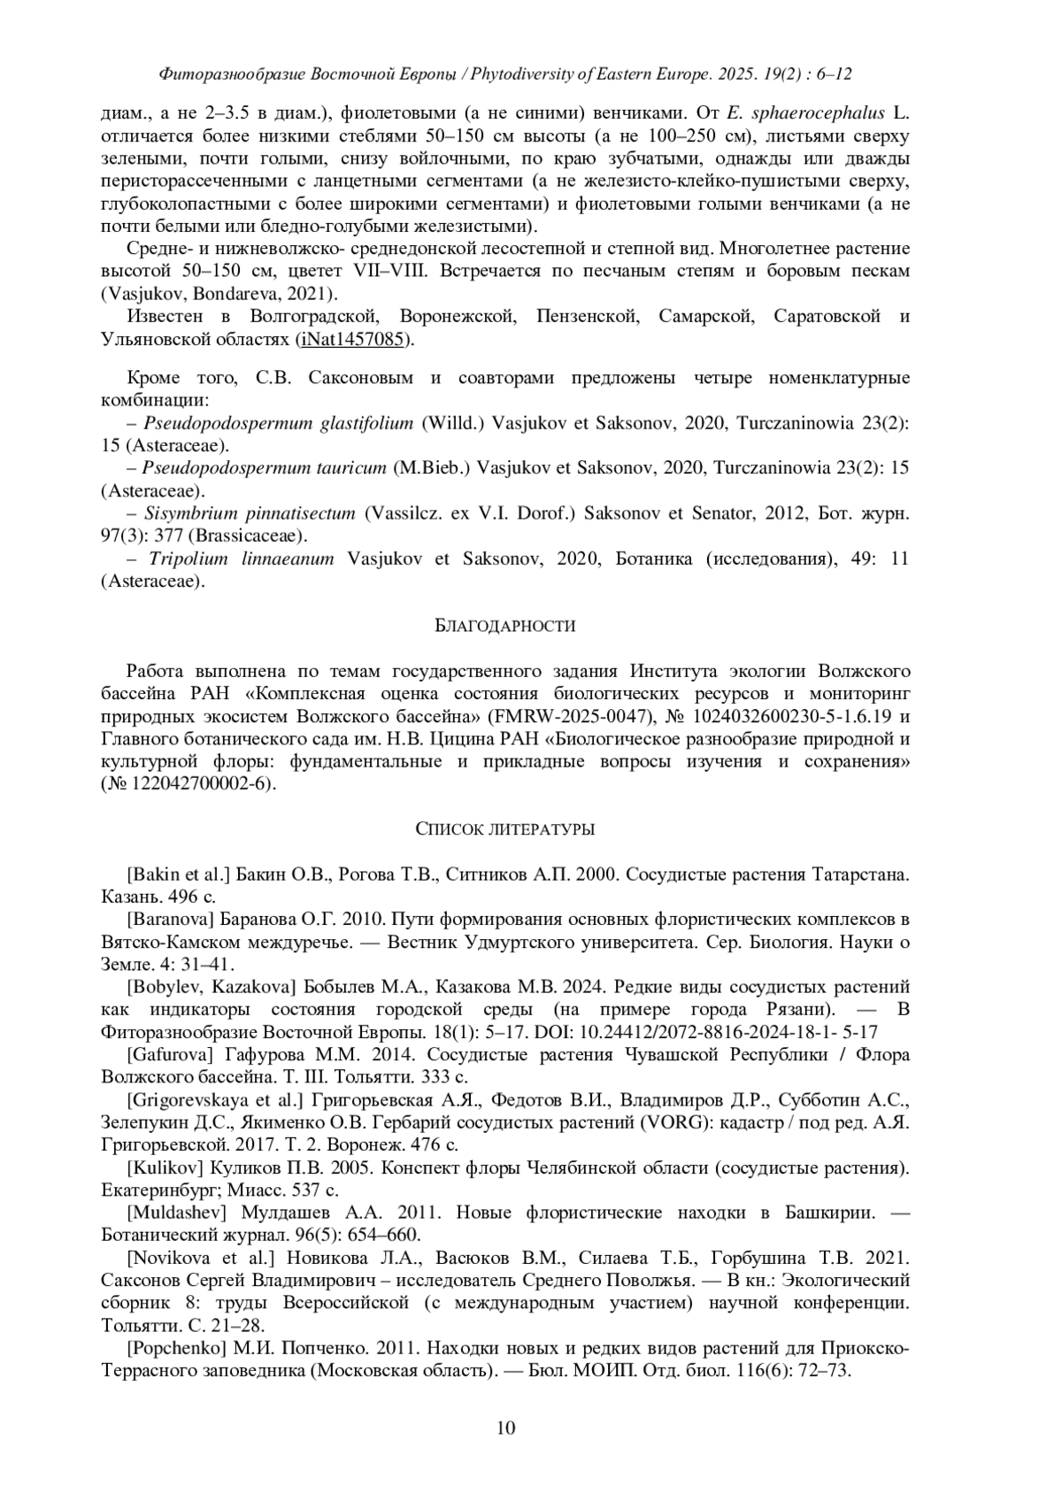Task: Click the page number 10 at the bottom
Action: (x=506, y=1427)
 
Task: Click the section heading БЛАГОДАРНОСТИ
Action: (x=506, y=627)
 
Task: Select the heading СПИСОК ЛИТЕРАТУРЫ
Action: (x=505, y=829)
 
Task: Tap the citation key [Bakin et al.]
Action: (x=179, y=874)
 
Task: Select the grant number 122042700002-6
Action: (x=201, y=784)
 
